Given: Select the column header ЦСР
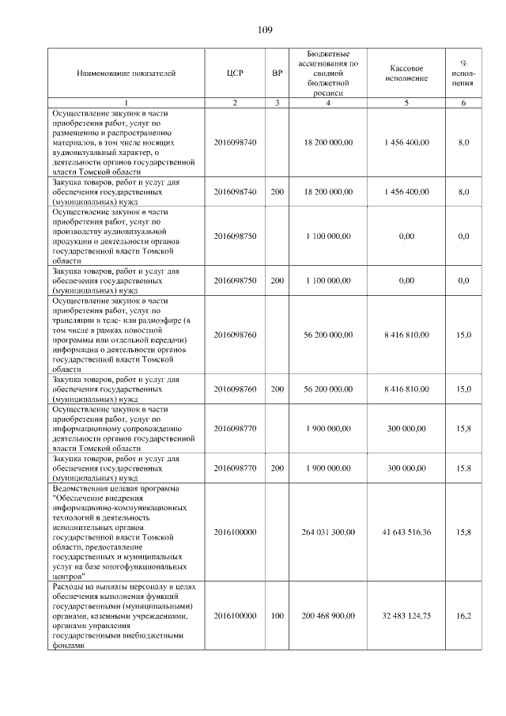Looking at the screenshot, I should coord(235,74).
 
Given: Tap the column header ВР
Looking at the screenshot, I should coord(277,74).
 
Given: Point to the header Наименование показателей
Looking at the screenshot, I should coord(126,74).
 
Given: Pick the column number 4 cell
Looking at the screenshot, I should coord(328,103).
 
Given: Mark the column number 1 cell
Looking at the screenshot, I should coord(126,103).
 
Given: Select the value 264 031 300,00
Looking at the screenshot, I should coord(328,532).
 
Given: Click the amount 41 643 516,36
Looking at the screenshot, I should coord(406,532).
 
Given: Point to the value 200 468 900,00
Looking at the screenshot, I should coord(328,615).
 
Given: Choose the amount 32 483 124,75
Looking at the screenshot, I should coord(406,615).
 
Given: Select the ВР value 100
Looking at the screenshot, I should coord(277,615).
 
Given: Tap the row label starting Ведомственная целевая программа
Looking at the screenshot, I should coord(126,532).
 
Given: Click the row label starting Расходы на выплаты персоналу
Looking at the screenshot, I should coord(126,615).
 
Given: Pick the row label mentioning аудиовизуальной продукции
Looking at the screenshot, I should coord(126,236).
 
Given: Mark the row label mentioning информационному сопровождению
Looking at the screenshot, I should coord(126,428).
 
